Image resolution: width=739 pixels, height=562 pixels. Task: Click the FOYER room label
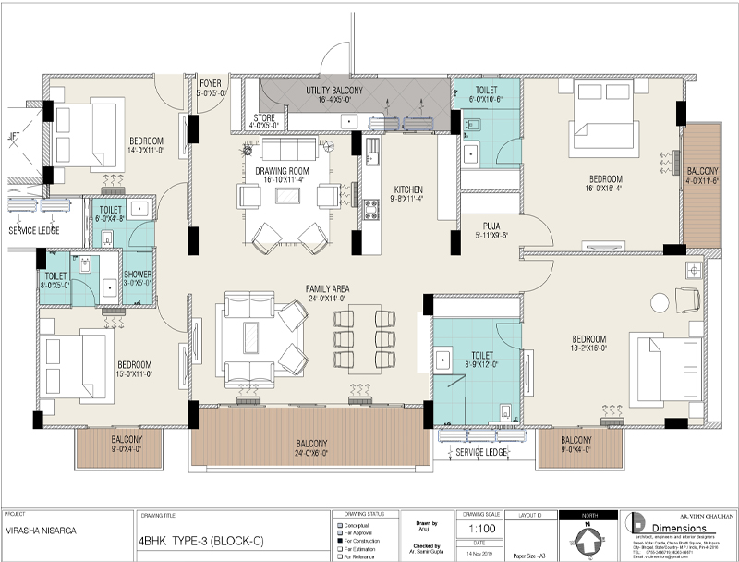click(x=211, y=83)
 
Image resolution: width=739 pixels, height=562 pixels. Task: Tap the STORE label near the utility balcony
click(x=263, y=118)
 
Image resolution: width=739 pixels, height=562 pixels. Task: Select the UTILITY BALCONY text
click(x=334, y=90)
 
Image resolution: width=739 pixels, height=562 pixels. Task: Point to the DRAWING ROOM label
click(x=282, y=171)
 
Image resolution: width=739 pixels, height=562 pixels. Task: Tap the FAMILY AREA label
click(x=325, y=289)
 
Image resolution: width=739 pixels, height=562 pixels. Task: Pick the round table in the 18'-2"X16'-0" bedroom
click(x=660, y=302)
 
